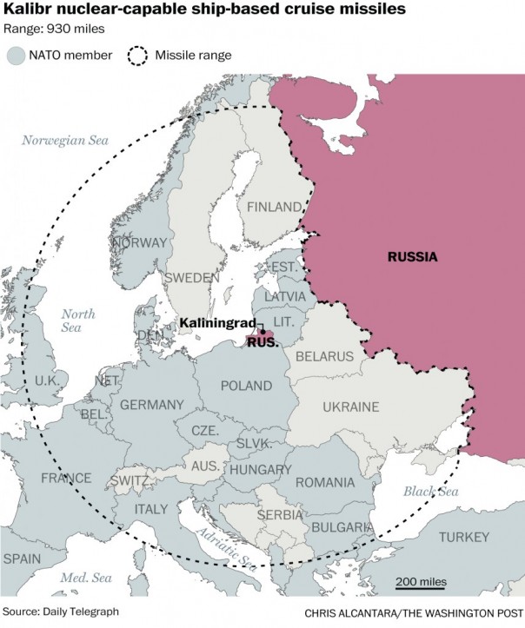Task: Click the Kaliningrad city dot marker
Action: click(x=262, y=332)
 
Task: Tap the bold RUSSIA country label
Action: click(x=414, y=257)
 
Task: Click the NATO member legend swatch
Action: click(x=15, y=56)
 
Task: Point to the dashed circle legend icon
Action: click(x=139, y=56)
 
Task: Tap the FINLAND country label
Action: click(x=275, y=207)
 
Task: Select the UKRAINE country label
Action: click(x=351, y=407)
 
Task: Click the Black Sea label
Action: click(x=429, y=492)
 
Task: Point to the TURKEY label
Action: click(x=464, y=538)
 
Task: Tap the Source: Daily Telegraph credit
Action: click(x=60, y=611)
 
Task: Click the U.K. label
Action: click(x=47, y=380)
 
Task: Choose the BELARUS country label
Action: click(x=324, y=356)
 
